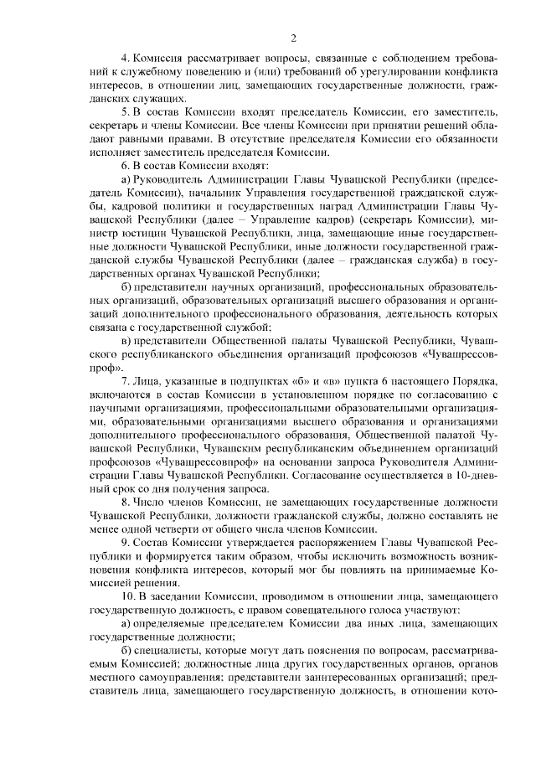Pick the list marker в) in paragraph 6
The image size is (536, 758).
pyautogui.click(x=126, y=341)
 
